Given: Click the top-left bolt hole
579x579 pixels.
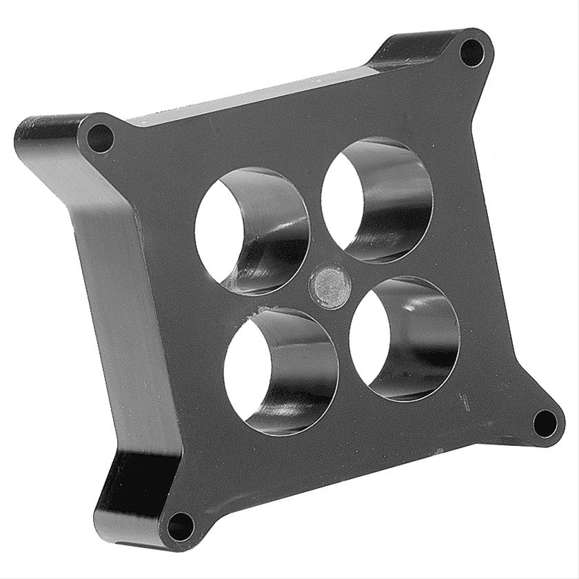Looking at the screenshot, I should [101, 139].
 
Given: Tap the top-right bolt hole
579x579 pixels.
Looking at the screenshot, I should [471, 52].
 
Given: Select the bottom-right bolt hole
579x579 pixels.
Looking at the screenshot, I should [545, 423].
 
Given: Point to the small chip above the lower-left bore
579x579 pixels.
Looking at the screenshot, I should [261, 309].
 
